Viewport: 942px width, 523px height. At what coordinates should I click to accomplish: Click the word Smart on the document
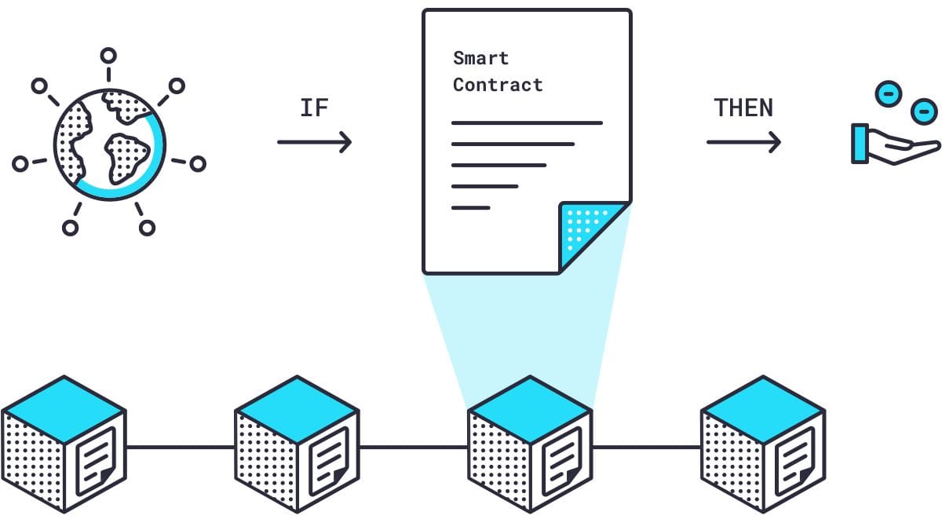(480, 58)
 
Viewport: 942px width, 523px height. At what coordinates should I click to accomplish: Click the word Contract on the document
(498, 85)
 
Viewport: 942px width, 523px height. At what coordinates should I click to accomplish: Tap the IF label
(314, 108)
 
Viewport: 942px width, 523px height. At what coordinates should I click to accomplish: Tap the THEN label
(743, 108)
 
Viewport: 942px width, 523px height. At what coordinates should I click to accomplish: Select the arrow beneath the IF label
(314, 142)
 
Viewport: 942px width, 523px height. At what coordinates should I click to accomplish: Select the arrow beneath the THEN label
(743, 142)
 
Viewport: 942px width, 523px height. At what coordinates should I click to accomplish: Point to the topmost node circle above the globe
(108, 56)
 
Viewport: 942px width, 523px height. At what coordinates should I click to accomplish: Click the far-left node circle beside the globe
(20, 163)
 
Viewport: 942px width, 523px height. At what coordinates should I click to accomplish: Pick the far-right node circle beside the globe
(198, 163)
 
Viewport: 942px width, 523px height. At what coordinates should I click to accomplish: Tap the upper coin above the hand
(888, 93)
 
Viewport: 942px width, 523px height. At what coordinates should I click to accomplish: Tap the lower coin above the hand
(924, 112)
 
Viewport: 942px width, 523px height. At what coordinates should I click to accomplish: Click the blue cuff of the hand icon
(860, 143)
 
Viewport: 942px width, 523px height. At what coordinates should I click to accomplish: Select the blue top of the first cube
(64, 409)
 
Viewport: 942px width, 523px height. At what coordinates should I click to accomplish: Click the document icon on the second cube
(329, 461)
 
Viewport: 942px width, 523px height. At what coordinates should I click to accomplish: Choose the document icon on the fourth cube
(795, 461)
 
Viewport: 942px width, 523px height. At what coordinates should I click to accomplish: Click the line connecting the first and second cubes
(181, 447)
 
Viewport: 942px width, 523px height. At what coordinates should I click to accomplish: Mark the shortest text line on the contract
(470, 207)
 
